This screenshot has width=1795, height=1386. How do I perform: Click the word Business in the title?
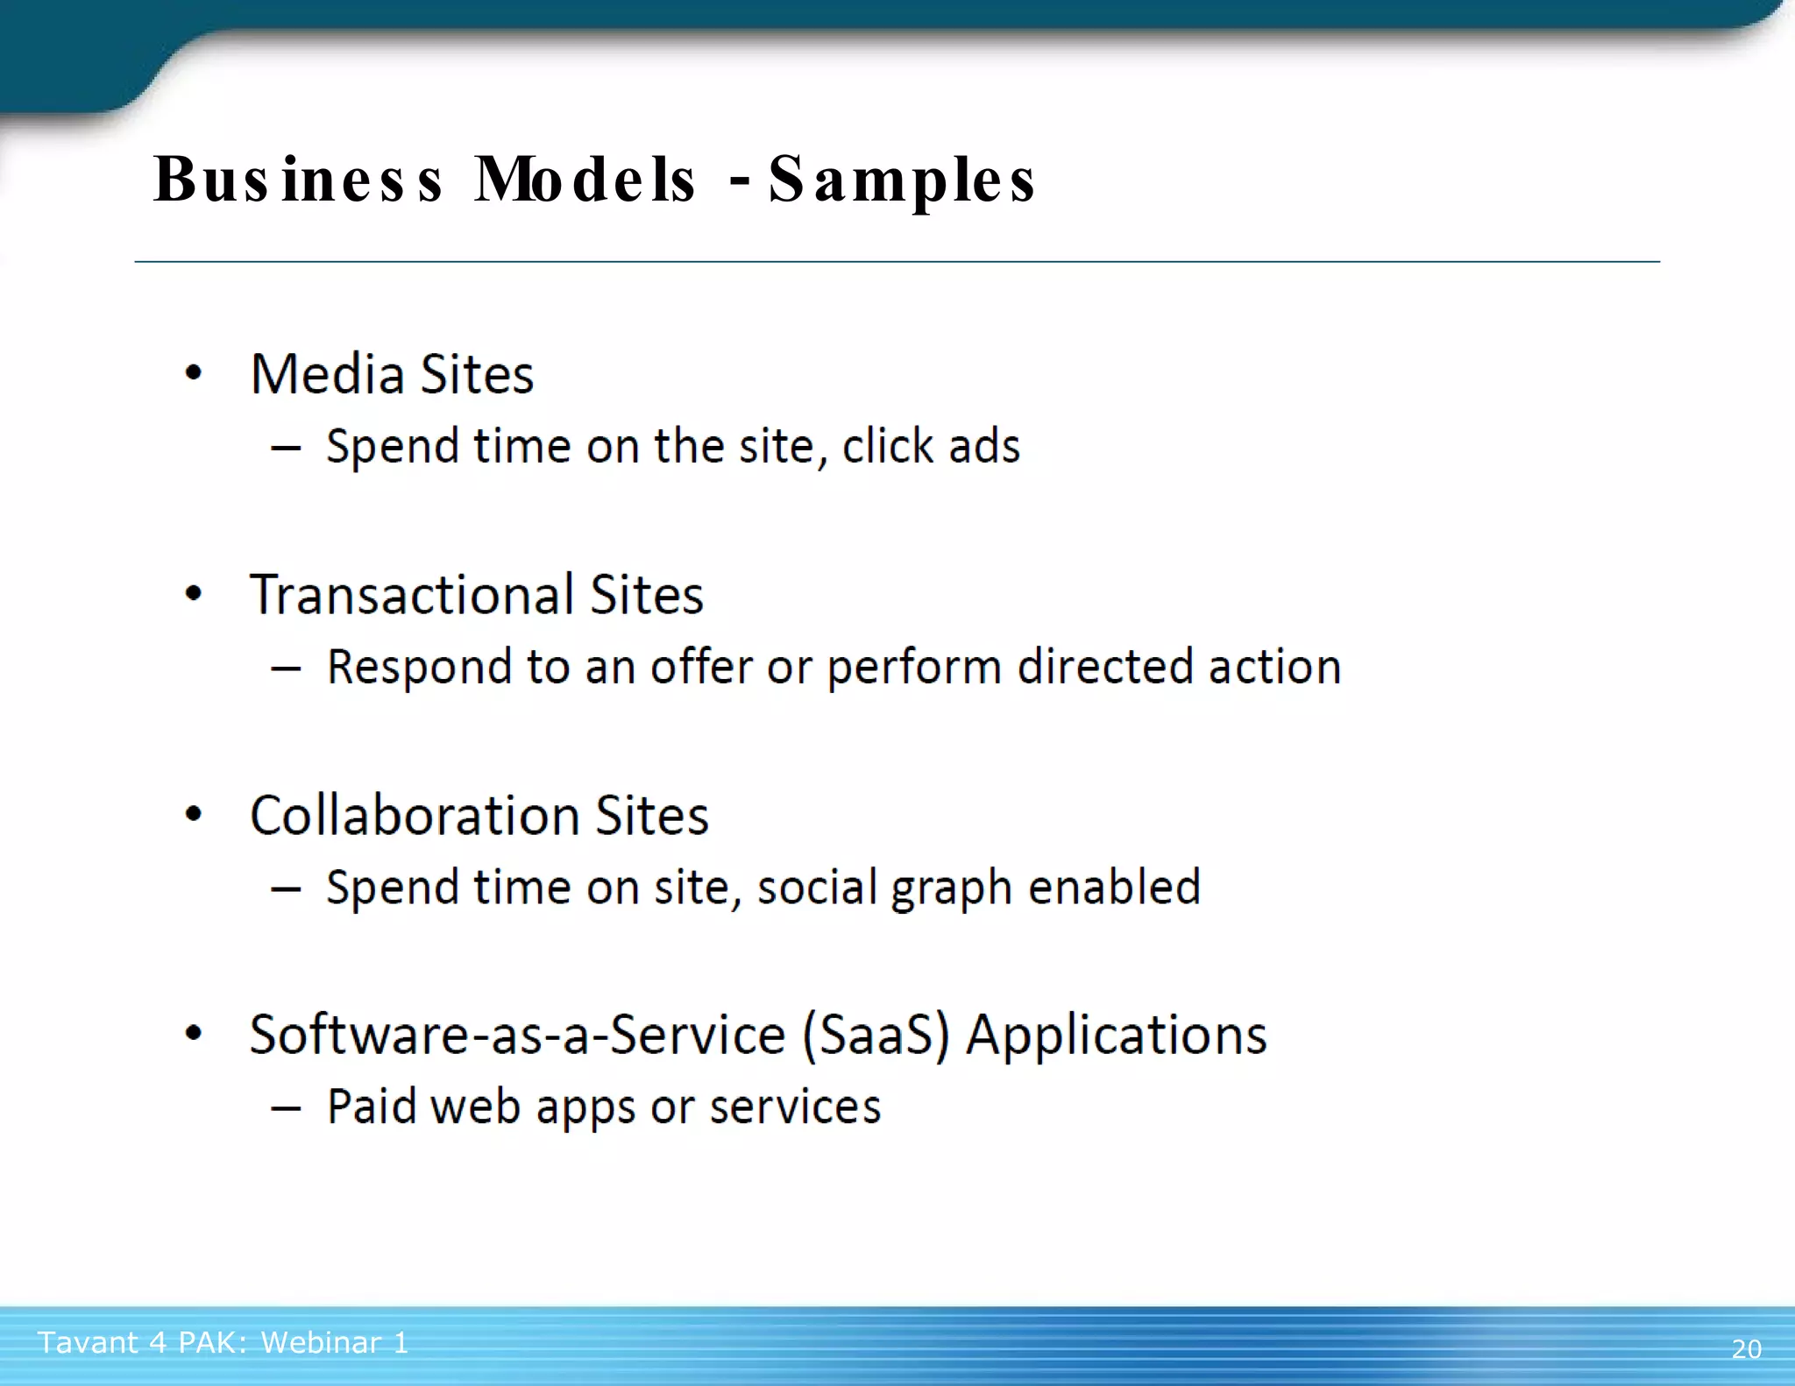(x=298, y=180)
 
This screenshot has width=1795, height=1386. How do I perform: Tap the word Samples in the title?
(x=903, y=180)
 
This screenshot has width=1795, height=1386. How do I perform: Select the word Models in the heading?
(x=585, y=180)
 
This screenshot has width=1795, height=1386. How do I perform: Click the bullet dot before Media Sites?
(x=194, y=374)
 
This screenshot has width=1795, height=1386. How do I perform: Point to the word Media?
(x=327, y=375)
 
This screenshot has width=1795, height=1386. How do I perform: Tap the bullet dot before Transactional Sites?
(x=194, y=595)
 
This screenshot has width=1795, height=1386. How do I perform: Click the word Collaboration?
(x=415, y=816)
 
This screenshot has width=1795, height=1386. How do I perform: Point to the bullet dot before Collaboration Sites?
(x=194, y=815)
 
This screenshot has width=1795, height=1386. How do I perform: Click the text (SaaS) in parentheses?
(x=876, y=1036)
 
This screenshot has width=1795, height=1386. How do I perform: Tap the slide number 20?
(x=1746, y=1348)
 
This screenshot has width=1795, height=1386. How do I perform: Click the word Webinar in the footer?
(x=321, y=1342)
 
